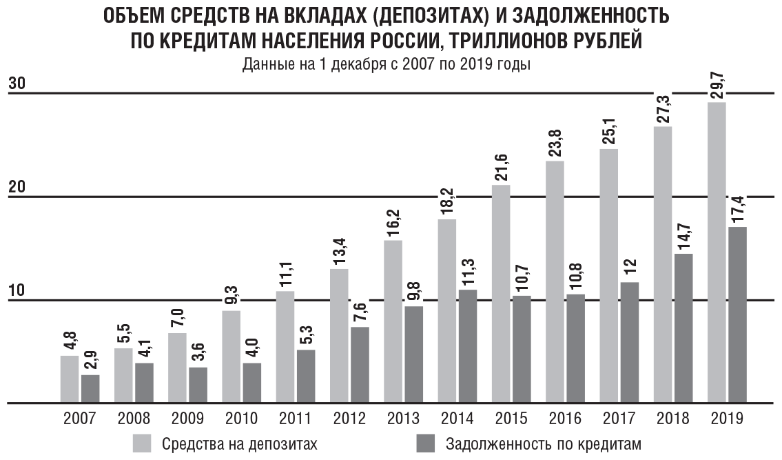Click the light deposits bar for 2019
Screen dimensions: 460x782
point(717,252)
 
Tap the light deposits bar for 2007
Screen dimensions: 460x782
point(70,379)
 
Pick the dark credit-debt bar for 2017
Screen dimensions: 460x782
point(629,342)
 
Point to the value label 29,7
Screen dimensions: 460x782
point(717,87)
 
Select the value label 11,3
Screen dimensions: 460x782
point(468,274)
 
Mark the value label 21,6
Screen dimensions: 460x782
point(502,169)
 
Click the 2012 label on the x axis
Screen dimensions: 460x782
point(349,419)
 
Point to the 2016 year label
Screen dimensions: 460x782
point(565,419)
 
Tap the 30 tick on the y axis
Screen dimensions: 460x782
point(17,84)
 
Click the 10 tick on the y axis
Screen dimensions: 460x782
point(17,290)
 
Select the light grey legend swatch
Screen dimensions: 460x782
point(142,442)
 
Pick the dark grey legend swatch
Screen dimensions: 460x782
point(426,442)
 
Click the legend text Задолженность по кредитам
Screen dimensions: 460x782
point(543,443)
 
